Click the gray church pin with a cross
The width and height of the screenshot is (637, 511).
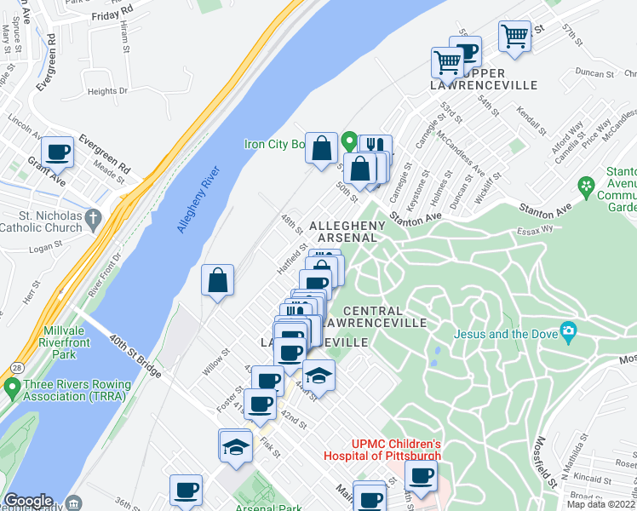click(x=95, y=217)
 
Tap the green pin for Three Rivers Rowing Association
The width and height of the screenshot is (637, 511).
click(x=11, y=389)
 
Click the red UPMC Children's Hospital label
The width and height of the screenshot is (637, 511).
click(x=382, y=450)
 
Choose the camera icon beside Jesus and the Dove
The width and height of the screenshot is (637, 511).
click(x=568, y=331)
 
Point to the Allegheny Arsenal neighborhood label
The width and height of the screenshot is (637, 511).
click(x=347, y=231)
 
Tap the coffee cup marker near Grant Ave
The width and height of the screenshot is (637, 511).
click(x=58, y=152)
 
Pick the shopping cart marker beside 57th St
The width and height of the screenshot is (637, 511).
click(x=514, y=36)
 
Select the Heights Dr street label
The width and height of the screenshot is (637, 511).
click(x=107, y=91)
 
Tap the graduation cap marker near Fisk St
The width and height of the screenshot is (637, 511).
click(x=235, y=445)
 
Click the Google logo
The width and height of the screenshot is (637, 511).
click(x=28, y=501)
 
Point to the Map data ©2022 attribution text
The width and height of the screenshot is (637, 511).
click(x=601, y=504)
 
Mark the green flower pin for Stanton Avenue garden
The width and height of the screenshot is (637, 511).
click(x=585, y=186)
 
